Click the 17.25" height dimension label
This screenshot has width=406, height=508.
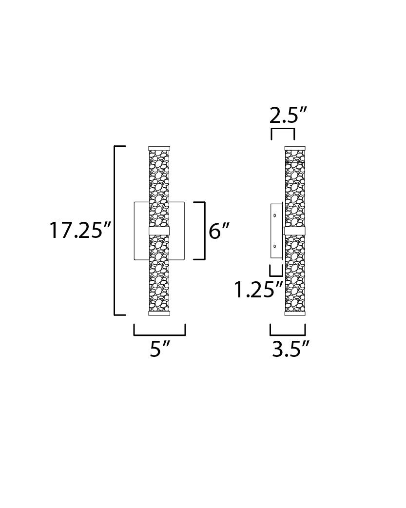pos(80,230)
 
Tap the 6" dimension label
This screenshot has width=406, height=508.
pos(219,230)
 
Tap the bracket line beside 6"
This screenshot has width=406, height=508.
pos(204,230)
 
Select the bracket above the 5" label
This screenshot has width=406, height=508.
pos(159,335)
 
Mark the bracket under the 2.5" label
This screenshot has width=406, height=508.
pos(283,129)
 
